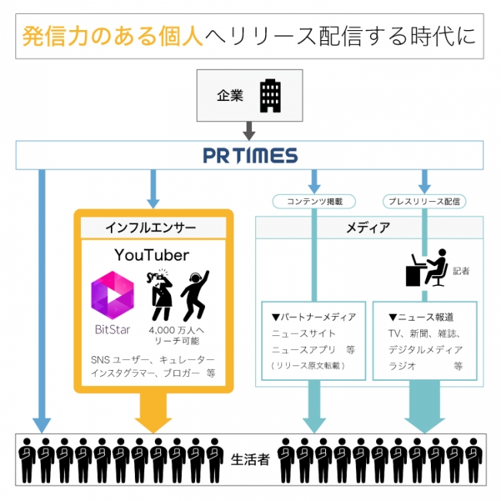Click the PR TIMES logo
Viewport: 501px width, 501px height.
click(x=250, y=156)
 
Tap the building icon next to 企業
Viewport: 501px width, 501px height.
click(x=269, y=95)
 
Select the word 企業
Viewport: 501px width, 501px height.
click(x=230, y=96)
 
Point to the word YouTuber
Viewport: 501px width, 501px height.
click(x=152, y=255)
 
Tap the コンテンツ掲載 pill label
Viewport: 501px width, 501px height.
click(x=313, y=202)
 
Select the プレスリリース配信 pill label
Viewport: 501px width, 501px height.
click(x=424, y=202)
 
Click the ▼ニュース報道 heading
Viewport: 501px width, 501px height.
click(x=421, y=317)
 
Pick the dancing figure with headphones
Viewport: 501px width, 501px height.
click(x=195, y=294)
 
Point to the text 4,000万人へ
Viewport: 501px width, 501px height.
click(x=177, y=330)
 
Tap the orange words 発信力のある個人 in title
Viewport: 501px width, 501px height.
click(x=113, y=37)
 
